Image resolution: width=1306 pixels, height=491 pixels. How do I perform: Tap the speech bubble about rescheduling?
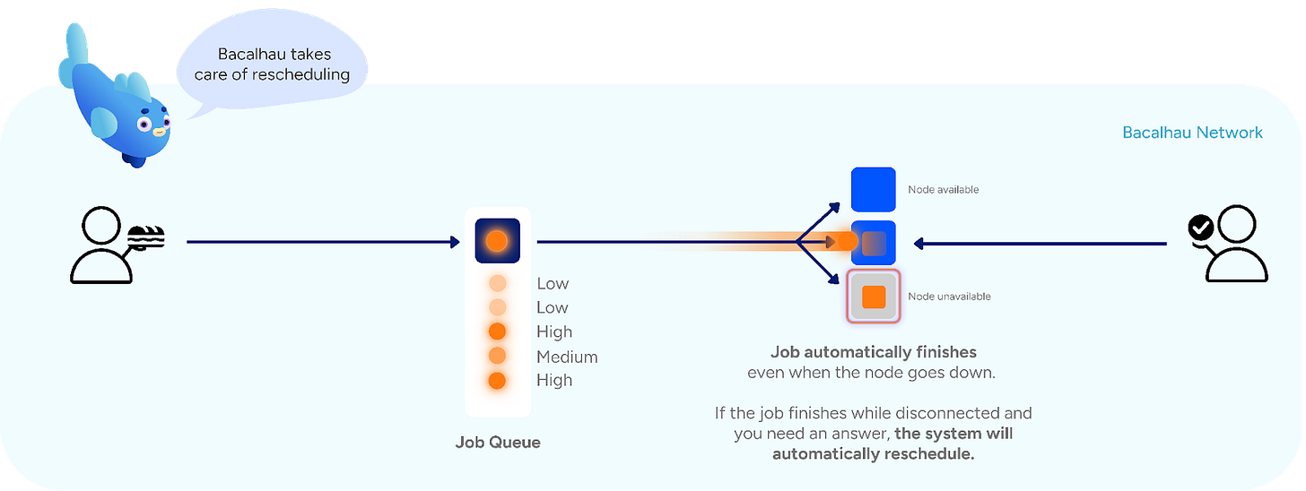[272, 65]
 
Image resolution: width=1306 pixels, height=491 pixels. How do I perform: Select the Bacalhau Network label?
[1192, 133]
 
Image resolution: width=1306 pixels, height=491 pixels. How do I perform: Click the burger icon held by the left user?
[144, 237]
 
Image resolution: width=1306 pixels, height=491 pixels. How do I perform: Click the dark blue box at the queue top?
[498, 240]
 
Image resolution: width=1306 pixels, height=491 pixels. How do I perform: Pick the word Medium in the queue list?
[567, 357]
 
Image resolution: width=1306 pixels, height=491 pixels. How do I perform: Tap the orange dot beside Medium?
[498, 357]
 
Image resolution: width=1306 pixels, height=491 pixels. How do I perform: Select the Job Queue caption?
[498, 442]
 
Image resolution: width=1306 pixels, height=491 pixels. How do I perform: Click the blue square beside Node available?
[873, 190]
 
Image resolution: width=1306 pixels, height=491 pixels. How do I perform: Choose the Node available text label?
[943, 190]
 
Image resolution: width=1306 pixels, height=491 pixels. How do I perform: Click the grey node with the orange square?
[873, 297]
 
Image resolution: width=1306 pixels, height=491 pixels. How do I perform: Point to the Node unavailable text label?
[949, 297]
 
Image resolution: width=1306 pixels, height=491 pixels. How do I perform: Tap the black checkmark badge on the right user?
[1199, 228]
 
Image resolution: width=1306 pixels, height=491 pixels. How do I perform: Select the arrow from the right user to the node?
[1040, 242]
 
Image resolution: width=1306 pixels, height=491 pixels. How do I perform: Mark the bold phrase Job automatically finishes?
[873, 352]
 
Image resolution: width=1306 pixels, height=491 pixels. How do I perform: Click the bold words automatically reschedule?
[873, 453]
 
